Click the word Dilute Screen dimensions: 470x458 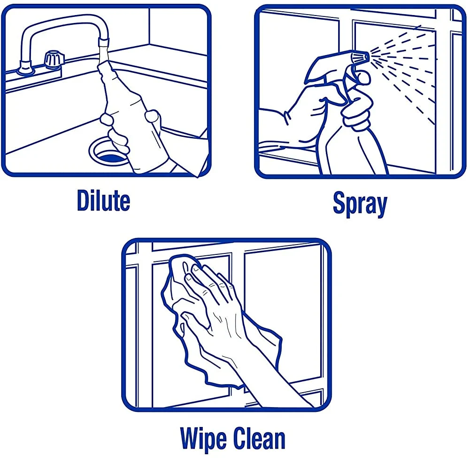coord(103,200)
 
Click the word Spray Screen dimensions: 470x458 coord(360,204)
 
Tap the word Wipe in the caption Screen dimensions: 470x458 coord(204,439)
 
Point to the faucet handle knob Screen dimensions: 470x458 coord(54,58)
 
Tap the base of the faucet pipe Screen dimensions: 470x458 coord(25,69)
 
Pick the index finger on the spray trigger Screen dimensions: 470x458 coord(361,77)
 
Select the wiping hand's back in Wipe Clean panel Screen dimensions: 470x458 coord(223,312)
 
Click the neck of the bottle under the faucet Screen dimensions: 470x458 coord(105,69)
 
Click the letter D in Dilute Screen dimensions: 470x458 coord(84,200)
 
